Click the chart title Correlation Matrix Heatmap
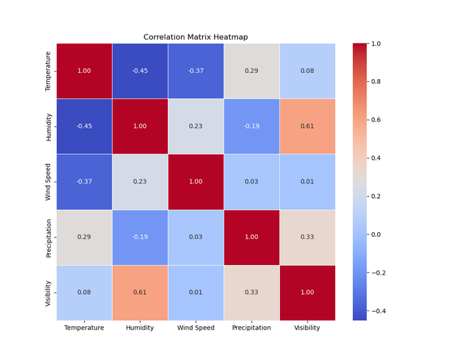[x=195, y=37]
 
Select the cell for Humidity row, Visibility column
[x=307, y=126]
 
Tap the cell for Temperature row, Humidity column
[x=140, y=71]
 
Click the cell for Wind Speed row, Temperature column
[x=84, y=182]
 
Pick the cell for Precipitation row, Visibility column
[x=307, y=237]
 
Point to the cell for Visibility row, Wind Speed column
[x=195, y=293]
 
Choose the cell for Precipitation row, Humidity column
[x=140, y=237]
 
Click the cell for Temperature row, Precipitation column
[x=251, y=71]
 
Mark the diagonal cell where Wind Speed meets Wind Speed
[x=195, y=182]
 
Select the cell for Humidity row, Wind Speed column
[x=195, y=126]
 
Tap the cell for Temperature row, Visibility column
[x=307, y=71]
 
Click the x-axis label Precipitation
[x=251, y=328]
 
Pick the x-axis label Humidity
[x=140, y=328]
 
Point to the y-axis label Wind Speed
[x=48, y=182]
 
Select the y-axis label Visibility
[x=48, y=293]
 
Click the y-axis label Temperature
[x=48, y=71]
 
